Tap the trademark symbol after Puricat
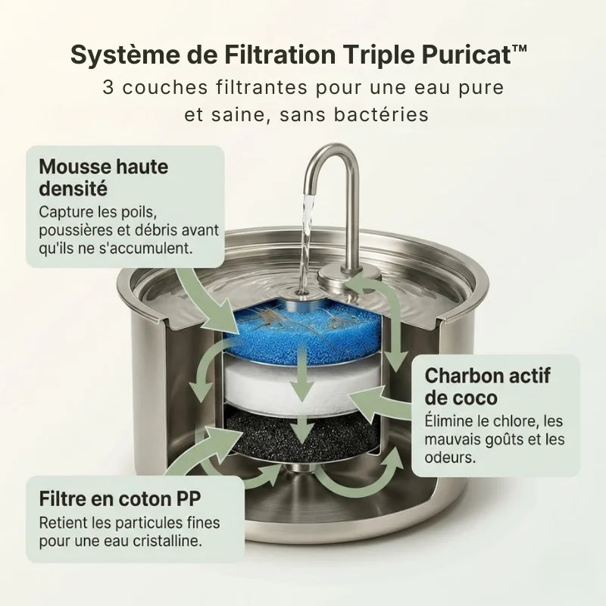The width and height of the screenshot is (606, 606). point(519,48)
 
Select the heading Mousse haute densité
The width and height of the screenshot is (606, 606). point(103,176)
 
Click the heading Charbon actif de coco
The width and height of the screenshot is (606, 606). point(487,386)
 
